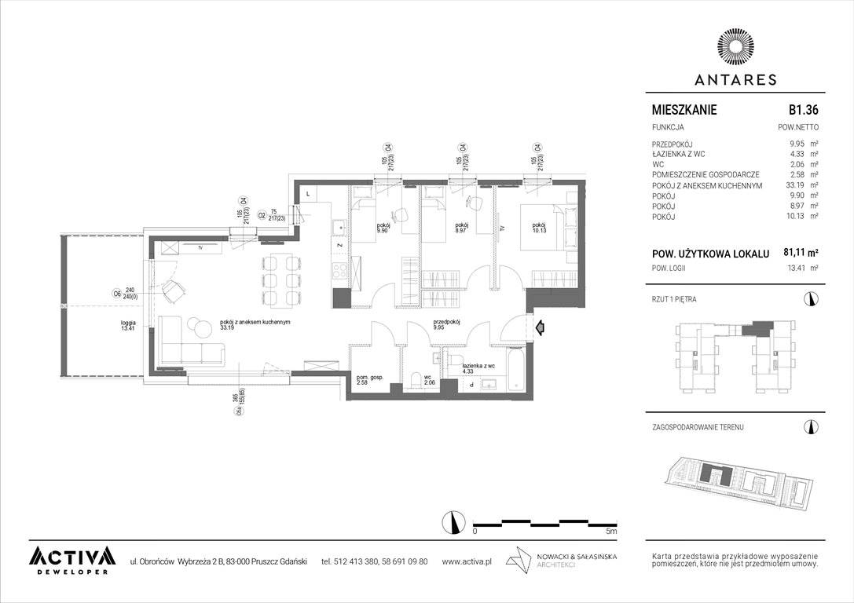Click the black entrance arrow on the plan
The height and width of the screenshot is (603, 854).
[539, 327]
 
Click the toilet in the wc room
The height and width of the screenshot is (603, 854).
[416, 382]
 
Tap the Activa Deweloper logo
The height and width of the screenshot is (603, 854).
[71, 558]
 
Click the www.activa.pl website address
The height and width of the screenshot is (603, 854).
[467, 561]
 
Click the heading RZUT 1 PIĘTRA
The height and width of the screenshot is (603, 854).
[674, 299]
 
